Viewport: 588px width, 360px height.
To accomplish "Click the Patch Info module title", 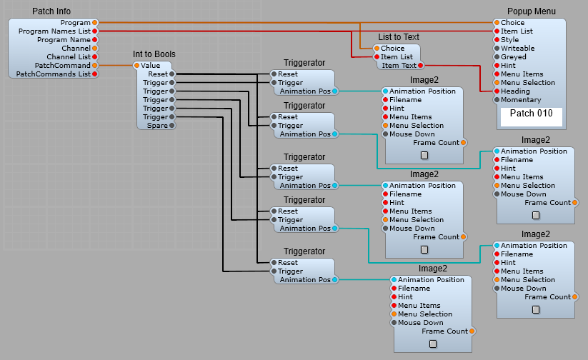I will [51, 11].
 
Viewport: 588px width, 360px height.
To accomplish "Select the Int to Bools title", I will [154, 54].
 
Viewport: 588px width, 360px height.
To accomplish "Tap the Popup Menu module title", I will [531, 11].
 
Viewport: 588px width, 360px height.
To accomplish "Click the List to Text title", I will [398, 37].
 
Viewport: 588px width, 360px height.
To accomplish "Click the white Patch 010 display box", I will [531, 114].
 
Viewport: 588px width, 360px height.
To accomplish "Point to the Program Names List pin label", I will [54, 31].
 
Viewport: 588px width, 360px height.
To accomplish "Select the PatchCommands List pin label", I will [53, 74].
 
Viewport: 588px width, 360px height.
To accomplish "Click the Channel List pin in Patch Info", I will [95, 57].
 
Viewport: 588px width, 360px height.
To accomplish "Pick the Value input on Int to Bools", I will [137, 66].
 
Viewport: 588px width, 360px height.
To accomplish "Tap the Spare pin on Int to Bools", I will [172, 126].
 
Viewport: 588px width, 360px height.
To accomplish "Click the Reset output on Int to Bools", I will [172, 74].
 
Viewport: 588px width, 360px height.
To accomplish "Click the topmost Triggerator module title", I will [304, 63].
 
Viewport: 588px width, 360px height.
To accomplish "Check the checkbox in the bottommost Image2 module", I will [433, 344].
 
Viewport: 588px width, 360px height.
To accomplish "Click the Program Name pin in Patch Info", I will [95, 40].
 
